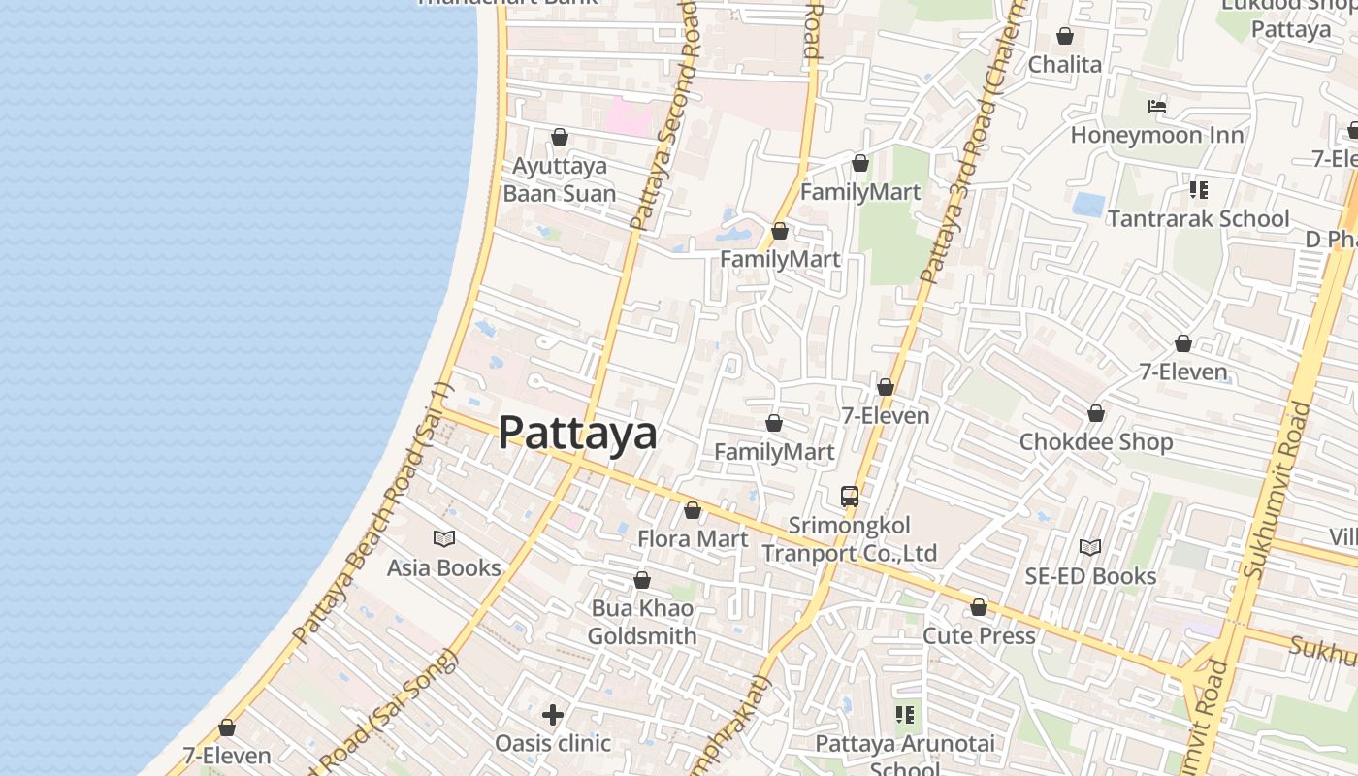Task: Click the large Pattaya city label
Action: (x=577, y=433)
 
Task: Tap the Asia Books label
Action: (x=444, y=567)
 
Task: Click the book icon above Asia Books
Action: (x=444, y=538)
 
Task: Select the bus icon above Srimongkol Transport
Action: (x=850, y=497)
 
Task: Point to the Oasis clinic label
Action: (x=553, y=743)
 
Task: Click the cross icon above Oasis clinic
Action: (x=553, y=715)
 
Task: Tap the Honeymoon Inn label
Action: (x=1157, y=135)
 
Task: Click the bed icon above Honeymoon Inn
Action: (x=1157, y=106)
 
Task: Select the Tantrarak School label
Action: (x=1199, y=218)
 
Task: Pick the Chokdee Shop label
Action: (x=1096, y=441)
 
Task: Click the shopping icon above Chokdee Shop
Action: (x=1096, y=413)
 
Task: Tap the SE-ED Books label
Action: (x=1091, y=575)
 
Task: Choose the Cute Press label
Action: (x=979, y=635)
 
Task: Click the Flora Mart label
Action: (x=693, y=538)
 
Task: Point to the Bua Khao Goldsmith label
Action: (x=642, y=623)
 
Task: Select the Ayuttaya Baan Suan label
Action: (x=560, y=179)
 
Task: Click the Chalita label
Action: (x=1065, y=64)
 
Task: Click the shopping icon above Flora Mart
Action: (x=693, y=510)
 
